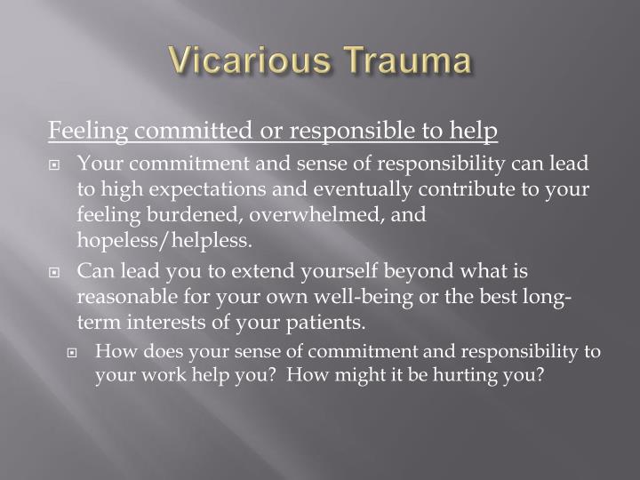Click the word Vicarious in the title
(240, 61)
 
